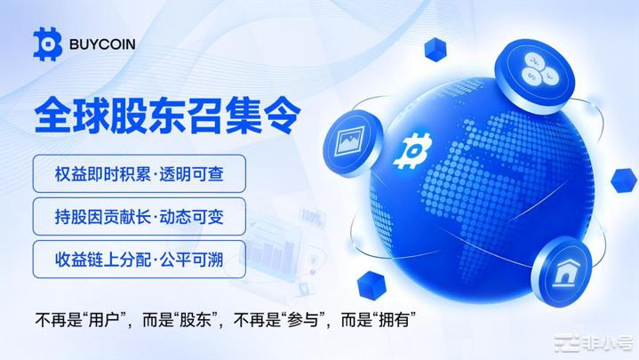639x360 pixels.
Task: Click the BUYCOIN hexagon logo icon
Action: (x=46, y=42)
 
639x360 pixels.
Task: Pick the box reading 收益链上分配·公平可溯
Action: (x=138, y=259)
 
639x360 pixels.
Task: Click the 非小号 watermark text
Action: (x=612, y=346)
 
